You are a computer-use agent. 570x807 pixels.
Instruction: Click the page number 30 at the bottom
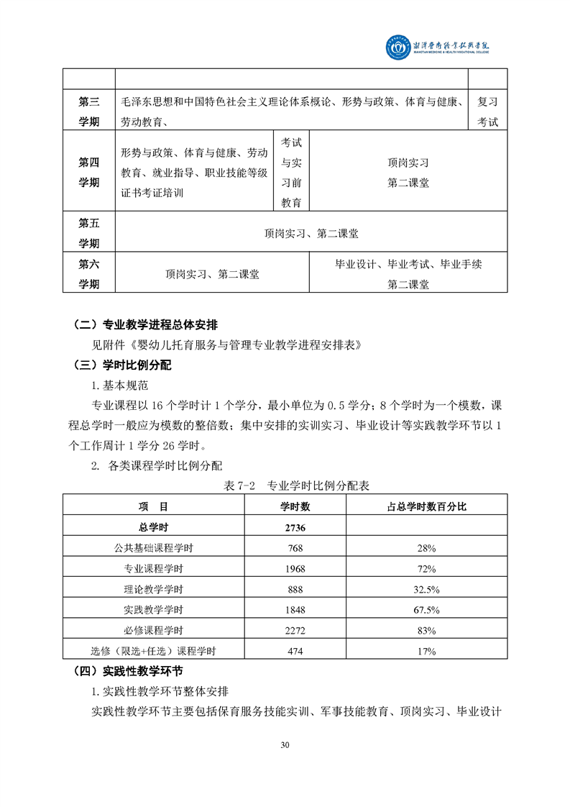285,744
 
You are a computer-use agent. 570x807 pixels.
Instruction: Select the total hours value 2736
295,527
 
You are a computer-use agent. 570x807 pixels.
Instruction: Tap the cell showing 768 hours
295,548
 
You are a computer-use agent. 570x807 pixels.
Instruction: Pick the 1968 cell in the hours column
295,569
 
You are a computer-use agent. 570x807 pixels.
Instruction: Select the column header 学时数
295,506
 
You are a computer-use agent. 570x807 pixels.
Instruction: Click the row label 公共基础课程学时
154,548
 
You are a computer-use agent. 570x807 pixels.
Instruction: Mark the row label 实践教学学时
154,610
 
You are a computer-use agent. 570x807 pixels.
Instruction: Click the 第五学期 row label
89,233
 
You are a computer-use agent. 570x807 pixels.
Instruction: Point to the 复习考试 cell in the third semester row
487,112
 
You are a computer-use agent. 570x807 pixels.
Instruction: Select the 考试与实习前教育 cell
291,172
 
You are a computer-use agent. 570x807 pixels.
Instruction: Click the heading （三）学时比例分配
123,365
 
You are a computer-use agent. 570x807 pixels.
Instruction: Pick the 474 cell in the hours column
295,652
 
